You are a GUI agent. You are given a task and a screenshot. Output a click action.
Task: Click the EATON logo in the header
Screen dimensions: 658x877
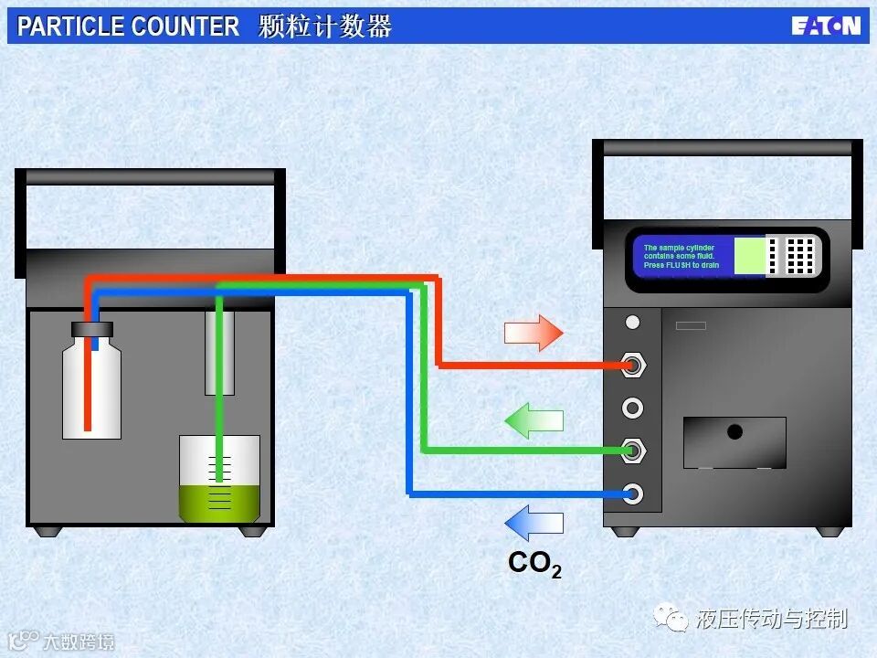pyautogui.click(x=825, y=26)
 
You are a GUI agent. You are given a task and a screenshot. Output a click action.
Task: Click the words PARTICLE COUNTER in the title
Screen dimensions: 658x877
pyautogui.click(x=128, y=27)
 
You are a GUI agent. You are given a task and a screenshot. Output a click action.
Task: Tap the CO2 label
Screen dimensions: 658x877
pyautogui.click(x=534, y=564)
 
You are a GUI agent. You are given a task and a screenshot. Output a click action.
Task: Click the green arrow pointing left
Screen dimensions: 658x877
pyautogui.click(x=534, y=420)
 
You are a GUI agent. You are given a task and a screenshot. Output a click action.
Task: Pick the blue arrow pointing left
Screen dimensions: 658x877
pyautogui.click(x=534, y=524)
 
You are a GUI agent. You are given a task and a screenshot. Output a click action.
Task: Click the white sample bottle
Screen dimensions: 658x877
pyautogui.click(x=91, y=388)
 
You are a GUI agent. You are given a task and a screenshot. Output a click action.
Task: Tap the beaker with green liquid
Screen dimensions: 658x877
pyautogui.click(x=219, y=478)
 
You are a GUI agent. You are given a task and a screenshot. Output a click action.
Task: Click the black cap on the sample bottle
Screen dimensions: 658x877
pyautogui.click(x=92, y=329)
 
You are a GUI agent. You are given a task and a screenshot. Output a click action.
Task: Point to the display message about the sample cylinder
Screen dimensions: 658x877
pyautogui.click(x=682, y=257)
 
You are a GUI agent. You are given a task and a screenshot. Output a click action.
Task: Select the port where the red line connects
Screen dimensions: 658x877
pyautogui.click(x=632, y=366)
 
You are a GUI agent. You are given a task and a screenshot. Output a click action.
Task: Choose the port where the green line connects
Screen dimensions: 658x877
pyautogui.click(x=632, y=450)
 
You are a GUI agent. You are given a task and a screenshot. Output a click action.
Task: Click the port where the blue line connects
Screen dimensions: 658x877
pyautogui.click(x=632, y=494)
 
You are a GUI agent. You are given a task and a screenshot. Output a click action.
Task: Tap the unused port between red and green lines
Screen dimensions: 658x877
pyautogui.click(x=632, y=408)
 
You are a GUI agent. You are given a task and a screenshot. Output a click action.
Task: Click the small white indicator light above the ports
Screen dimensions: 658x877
pyautogui.click(x=632, y=322)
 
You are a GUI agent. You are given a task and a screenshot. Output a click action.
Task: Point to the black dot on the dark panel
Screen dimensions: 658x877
pyautogui.click(x=734, y=431)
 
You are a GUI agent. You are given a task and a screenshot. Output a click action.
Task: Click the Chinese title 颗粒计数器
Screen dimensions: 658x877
pyautogui.click(x=325, y=27)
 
